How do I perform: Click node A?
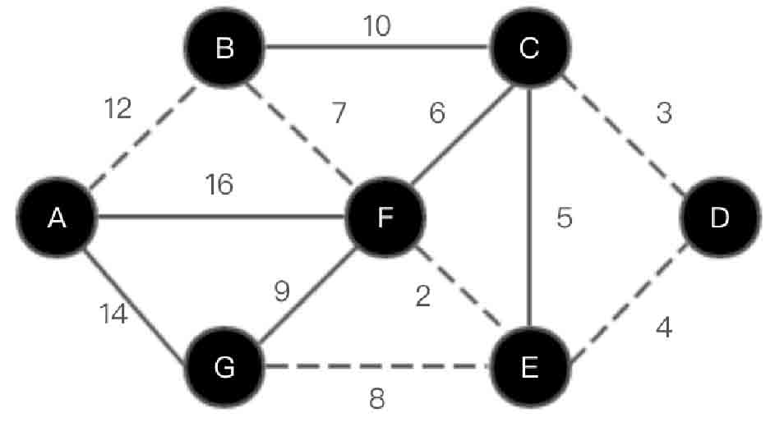[x=57, y=218]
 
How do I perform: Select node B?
[x=224, y=49]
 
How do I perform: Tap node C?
[x=528, y=49]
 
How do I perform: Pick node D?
[x=719, y=218]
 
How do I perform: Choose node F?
[x=385, y=218]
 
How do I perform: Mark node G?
[x=224, y=367]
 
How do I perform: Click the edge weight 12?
[x=118, y=108]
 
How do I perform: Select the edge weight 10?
[x=377, y=26]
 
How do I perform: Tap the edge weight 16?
[x=219, y=185]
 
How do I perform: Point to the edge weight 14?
[x=115, y=313]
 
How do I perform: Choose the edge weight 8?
[x=376, y=399]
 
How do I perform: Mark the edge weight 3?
[x=664, y=113]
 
